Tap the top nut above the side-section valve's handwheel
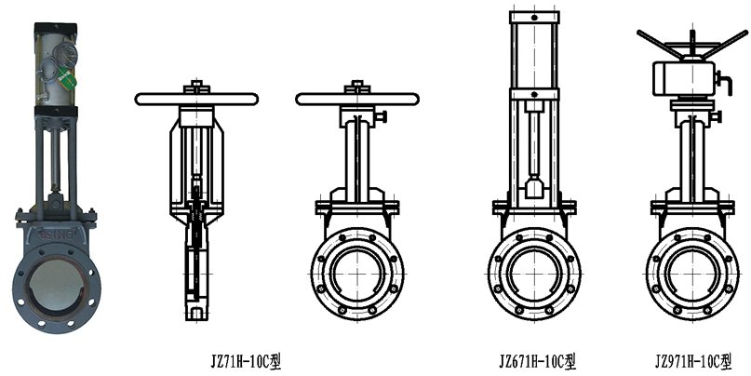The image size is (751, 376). (195, 86)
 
